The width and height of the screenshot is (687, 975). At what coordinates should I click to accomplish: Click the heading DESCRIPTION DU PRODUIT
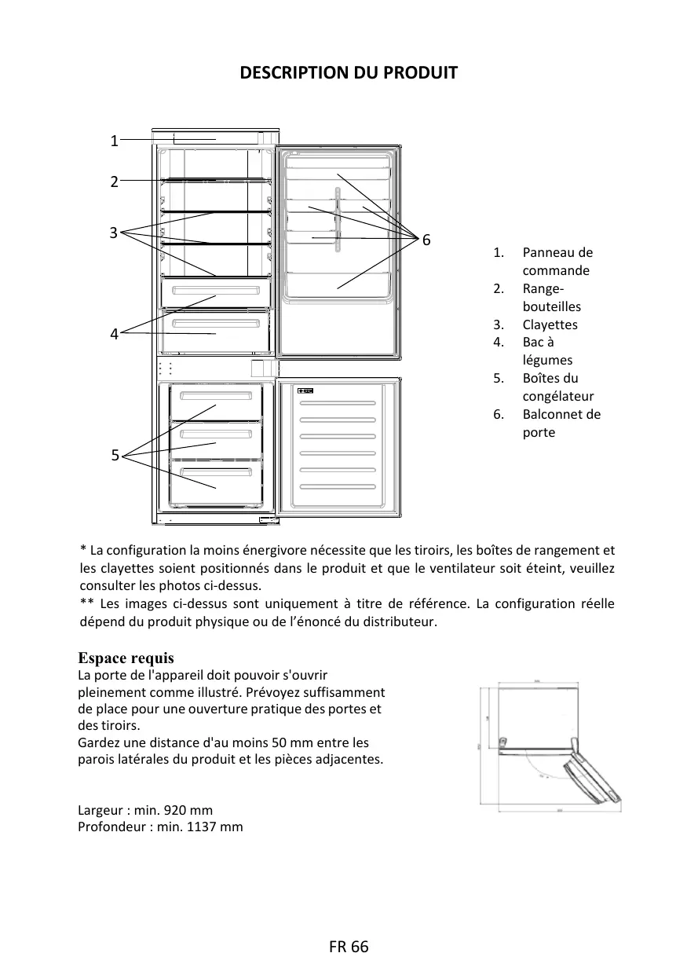[x=348, y=73]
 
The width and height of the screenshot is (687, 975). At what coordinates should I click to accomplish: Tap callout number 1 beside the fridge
[x=114, y=141]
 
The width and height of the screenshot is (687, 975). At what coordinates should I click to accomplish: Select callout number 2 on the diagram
[x=114, y=181]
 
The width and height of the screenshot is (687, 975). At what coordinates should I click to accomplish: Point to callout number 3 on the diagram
[x=113, y=233]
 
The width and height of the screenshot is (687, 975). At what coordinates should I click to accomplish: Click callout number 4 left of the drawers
[x=114, y=334]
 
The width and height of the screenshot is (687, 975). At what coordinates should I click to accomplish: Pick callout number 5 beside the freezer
[x=115, y=455]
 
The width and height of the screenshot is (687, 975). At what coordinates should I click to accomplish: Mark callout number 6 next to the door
[x=426, y=239]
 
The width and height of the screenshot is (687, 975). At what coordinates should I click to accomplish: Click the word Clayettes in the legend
[x=550, y=324]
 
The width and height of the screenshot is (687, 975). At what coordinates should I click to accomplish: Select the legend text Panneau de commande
[x=557, y=262]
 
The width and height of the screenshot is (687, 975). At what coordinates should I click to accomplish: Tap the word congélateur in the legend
[x=558, y=396]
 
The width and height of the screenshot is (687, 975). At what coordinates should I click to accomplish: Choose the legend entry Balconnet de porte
[x=561, y=423]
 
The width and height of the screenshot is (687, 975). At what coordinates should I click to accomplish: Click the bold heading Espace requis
[x=126, y=658]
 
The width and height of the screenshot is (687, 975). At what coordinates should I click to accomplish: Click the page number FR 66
[x=349, y=947]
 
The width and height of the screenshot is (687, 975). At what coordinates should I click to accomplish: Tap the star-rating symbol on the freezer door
[x=305, y=390]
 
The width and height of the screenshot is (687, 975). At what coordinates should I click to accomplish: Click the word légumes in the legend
[x=547, y=360]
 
